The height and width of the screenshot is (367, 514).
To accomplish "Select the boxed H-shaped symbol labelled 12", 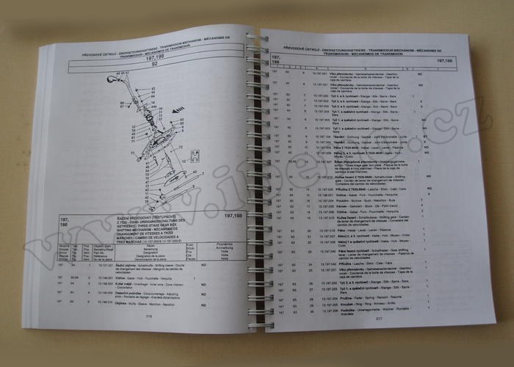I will (194, 154).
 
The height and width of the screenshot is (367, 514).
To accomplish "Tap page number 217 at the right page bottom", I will (379, 319).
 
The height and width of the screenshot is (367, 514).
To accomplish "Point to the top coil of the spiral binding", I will (256, 37).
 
